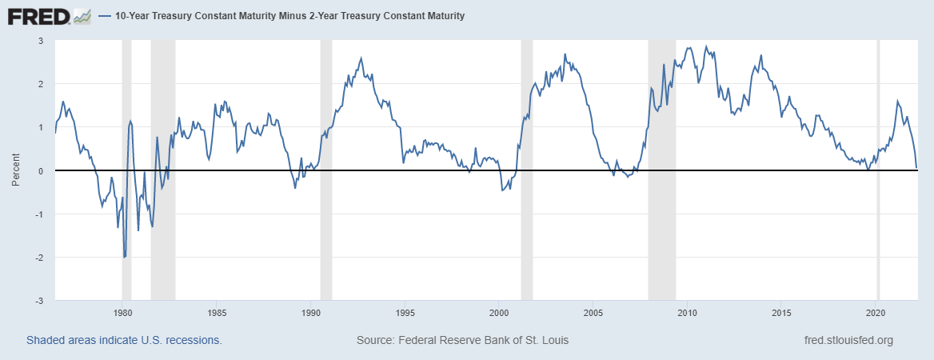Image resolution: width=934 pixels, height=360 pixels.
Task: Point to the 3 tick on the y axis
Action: tap(38, 41)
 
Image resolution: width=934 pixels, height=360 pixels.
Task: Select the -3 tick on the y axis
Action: tap(37, 301)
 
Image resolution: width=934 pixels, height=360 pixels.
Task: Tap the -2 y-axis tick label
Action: tap(37, 258)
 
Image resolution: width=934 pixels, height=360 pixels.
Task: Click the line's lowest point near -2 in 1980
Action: tap(124, 257)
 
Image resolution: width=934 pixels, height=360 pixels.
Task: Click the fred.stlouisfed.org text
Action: tap(848, 340)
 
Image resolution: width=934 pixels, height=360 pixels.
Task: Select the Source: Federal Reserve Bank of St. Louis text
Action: tap(462, 340)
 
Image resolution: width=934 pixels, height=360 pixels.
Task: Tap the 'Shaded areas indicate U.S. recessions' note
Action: tap(124, 340)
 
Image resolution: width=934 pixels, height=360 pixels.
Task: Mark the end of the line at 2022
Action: tap(916, 168)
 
